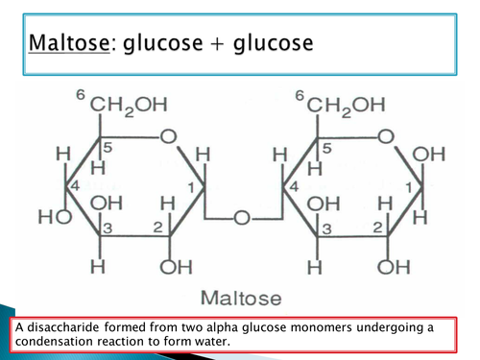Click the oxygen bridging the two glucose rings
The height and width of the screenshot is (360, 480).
[241, 219]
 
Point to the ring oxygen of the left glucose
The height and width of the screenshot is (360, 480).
[168, 138]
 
